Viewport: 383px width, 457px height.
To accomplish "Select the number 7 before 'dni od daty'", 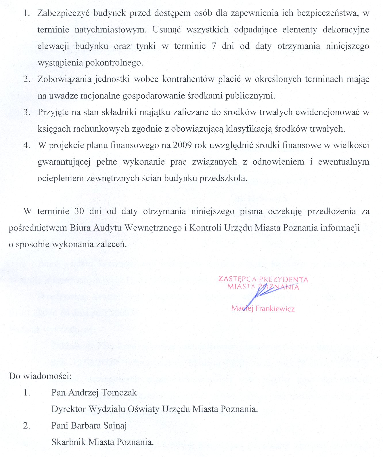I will (x=214, y=46).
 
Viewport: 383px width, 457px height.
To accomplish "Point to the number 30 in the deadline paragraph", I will (x=79, y=212).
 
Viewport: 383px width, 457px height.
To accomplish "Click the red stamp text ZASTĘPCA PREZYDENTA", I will (x=263, y=279).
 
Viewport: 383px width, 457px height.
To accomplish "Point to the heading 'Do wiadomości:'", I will (x=40, y=376).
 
